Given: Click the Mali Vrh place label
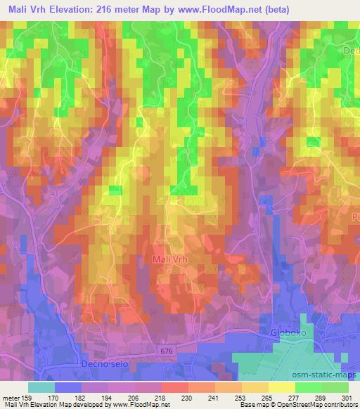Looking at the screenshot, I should click(x=172, y=259).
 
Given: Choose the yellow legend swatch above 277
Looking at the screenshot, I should click(x=283, y=387).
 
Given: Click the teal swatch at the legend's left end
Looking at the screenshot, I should click(x=41, y=387).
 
